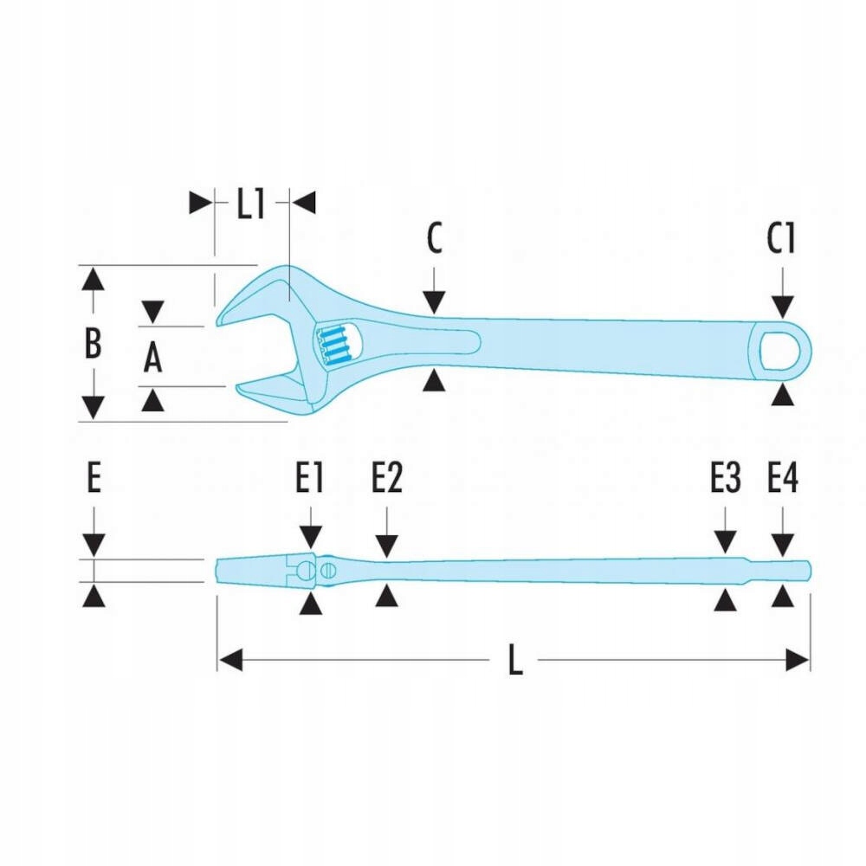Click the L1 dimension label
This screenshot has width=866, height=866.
(250, 204)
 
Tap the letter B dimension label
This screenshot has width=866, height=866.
(93, 344)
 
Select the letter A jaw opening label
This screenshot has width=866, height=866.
(152, 357)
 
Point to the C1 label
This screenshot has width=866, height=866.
(781, 240)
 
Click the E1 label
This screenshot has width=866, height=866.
(309, 479)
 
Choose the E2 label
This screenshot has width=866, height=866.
(387, 479)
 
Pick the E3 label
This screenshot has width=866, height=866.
(726, 479)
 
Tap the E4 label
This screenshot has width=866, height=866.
(783, 479)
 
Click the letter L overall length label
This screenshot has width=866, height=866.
(515, 662)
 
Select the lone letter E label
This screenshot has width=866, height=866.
(94, 479)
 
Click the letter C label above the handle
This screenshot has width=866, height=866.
(434, 239)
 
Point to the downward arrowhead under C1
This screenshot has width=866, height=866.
(783, 306)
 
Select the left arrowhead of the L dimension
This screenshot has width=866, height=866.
(229, 661)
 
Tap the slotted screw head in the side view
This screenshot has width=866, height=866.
(327, 570)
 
